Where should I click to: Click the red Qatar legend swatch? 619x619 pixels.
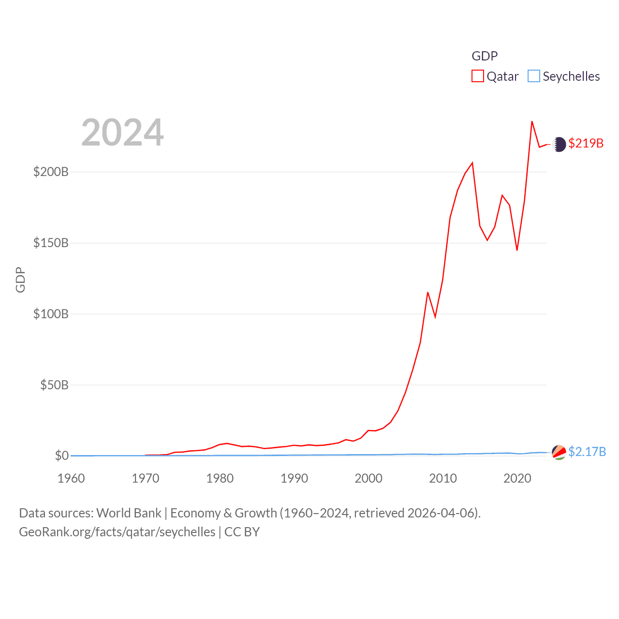tap(478, 76)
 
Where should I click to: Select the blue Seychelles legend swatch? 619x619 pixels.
tap(534, 76)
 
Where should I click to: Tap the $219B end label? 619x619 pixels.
tap(586, 143)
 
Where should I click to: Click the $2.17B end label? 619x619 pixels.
tap(587, 452)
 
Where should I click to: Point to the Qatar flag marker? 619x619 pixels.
tap(559, 144)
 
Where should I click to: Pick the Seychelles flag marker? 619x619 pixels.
tap(559, 452)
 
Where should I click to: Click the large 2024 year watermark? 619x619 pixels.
tap(122, 133)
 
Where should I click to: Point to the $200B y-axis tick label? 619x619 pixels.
tap(51, 172)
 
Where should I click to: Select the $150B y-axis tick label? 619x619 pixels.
tap(51, 243)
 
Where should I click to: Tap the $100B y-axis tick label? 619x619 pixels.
tap(51, 314)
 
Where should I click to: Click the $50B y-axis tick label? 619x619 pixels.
tap(54, 385)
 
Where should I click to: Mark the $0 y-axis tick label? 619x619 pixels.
tap(61, 456)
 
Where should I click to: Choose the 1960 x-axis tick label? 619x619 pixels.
tap(71, 478)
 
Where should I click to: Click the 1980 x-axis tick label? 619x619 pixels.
tap(220, 478)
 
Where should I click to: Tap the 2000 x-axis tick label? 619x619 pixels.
tap(368, 478)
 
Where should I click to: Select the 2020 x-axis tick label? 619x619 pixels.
tap(517, 478)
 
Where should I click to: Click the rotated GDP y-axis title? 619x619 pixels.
tap(20, 280)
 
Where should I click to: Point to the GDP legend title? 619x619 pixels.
tap(485, 56)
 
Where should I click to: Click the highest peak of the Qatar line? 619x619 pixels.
tap(532, 121)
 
